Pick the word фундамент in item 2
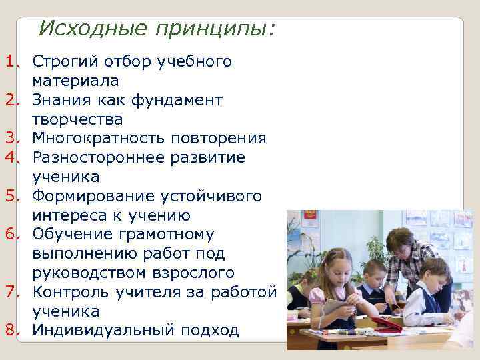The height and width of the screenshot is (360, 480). pyautogui.click(x=176, y=101)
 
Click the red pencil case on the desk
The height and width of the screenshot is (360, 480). pyautogui.click(x=387, y=324)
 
